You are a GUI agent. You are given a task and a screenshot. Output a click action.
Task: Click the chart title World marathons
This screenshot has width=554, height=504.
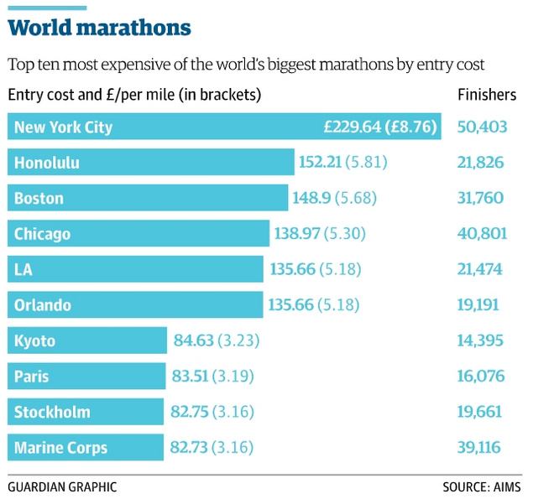click(x=99, y=29)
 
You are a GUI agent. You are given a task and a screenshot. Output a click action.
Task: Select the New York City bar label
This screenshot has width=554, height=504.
click(x=63, y=127)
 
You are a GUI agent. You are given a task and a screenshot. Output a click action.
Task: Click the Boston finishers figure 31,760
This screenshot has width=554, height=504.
click(x=482, y=199)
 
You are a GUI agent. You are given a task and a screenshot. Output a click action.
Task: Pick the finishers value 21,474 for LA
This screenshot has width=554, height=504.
click(x=482, y=270)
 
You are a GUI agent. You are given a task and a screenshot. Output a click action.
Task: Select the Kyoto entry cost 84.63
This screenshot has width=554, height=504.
click(x=193, y=341)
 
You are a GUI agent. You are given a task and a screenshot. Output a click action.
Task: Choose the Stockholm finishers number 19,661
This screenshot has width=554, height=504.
click(x=482, y=412)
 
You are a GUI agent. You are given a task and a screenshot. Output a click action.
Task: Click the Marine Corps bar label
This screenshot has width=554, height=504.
click(x=60, y=448)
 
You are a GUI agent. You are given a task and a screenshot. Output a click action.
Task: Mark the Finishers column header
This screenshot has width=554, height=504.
click(x=487, y=95)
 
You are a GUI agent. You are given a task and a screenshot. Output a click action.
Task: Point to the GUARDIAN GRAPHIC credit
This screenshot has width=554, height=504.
click(x=62, y=486)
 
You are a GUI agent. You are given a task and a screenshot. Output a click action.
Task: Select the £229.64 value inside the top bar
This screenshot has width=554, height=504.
click(x=352, y=127)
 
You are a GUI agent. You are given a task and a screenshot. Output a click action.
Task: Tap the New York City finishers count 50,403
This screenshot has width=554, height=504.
click(x=482, y=127)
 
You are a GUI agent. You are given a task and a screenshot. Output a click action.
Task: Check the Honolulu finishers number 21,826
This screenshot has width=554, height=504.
click(x=482, y=163)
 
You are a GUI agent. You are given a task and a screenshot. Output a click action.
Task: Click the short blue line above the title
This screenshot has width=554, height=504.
click(x=47, y=8)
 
